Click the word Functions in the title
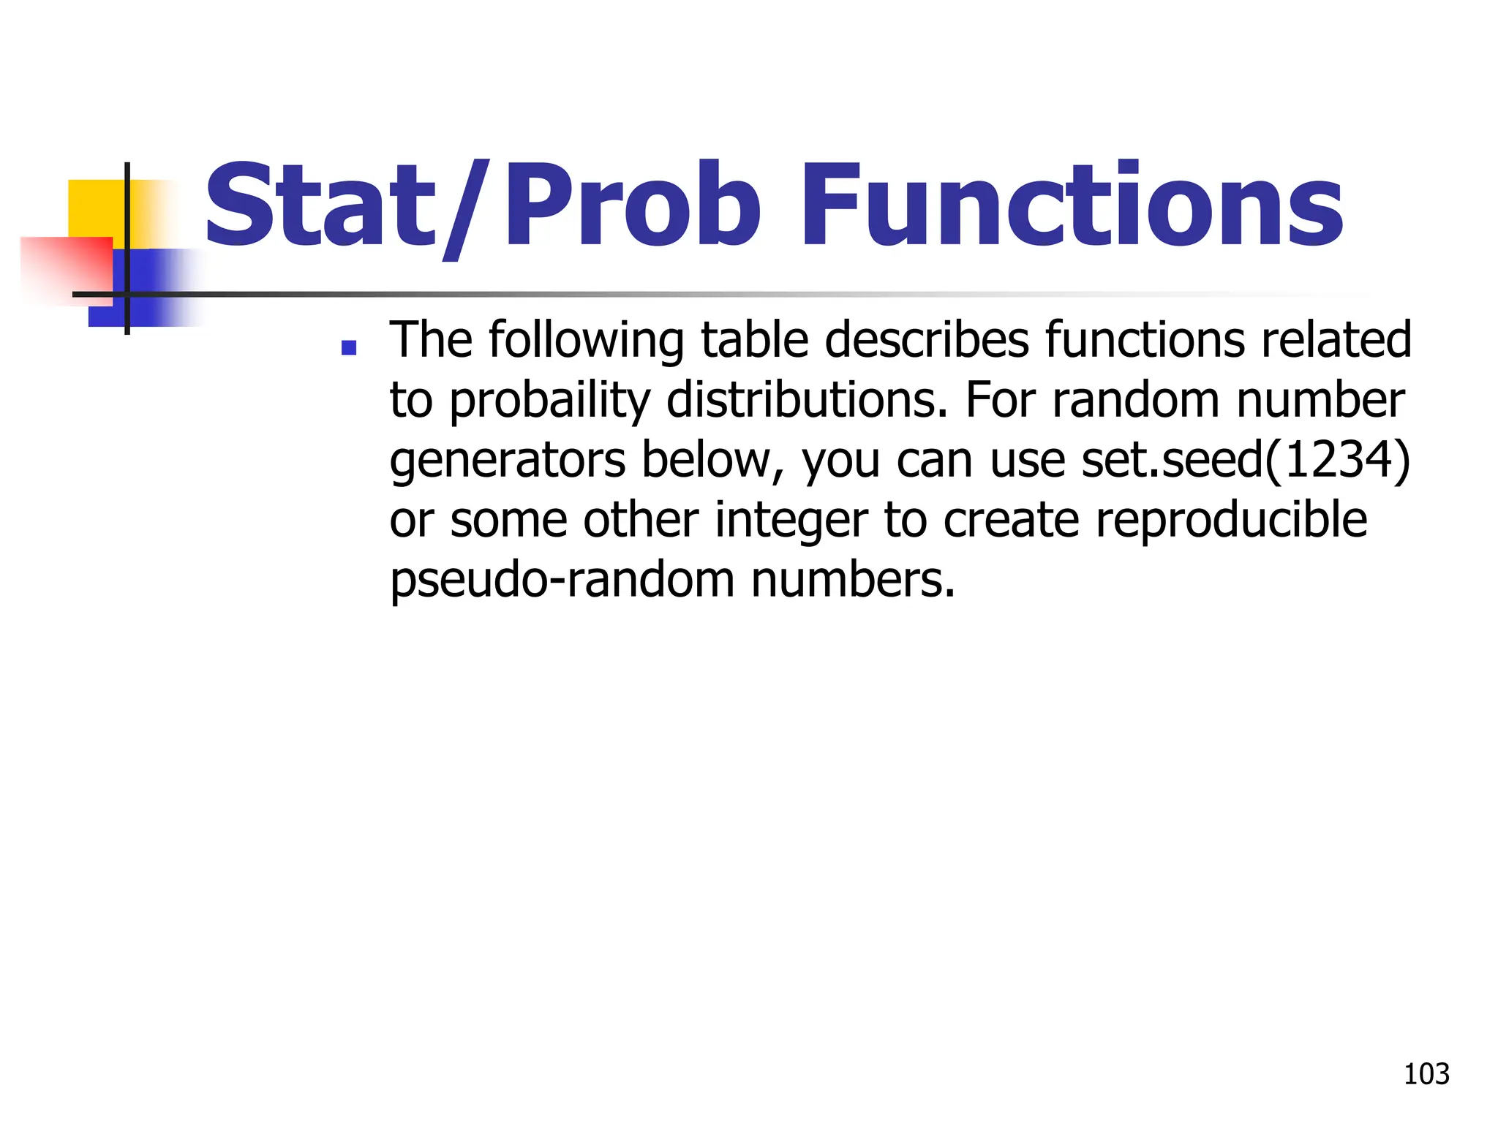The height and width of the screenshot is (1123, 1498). tap(1072, 206)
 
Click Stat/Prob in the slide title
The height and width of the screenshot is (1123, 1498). tap(483, 206)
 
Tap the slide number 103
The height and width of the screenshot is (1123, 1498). tap(1426, 1074)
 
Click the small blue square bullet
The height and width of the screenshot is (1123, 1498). tap(349, 347)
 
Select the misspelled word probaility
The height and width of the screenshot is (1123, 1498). tap(549, 401)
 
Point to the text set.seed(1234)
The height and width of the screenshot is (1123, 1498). tap(1246, 461)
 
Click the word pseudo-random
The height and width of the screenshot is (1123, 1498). tap(562, 580)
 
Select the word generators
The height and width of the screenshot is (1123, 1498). tap(508, 461)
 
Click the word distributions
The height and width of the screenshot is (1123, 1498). tap(807, 401)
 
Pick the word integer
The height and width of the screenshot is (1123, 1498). tap(791, 521)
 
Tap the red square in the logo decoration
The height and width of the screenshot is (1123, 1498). tap(66, 267)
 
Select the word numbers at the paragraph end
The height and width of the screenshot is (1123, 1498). tap(853, 580)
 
